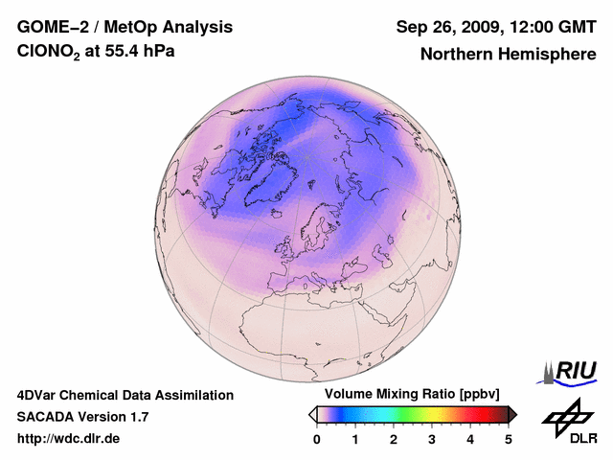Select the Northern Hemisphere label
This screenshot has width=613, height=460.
tap(508, 54)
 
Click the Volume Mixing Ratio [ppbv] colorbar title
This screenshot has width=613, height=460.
tap(408, 395)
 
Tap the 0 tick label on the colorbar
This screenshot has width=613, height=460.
tap(317, 439)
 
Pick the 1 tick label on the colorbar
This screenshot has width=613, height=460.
tap(355, 439)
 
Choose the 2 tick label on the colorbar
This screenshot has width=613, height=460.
tap(394, 439)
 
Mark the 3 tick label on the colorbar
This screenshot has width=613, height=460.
tap(432, 439)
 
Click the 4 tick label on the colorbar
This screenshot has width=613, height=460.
tap(470, 439)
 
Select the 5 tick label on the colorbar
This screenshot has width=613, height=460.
tap(509, 439)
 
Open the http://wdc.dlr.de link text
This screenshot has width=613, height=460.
tap(69, 439)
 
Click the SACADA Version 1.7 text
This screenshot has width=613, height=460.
tap(82, 417)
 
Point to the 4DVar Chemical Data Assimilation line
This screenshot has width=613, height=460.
tap(125, 395)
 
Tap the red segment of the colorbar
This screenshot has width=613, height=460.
tap(479, 414)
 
